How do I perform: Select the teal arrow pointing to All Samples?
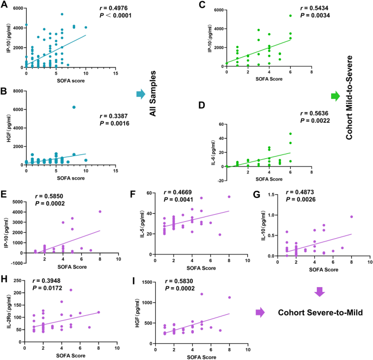(x=142, y=94)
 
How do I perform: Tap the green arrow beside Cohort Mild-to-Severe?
(x=335, y=96)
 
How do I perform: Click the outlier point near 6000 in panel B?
(x=74, y=107)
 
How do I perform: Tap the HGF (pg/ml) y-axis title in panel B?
(x=7, y=128)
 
